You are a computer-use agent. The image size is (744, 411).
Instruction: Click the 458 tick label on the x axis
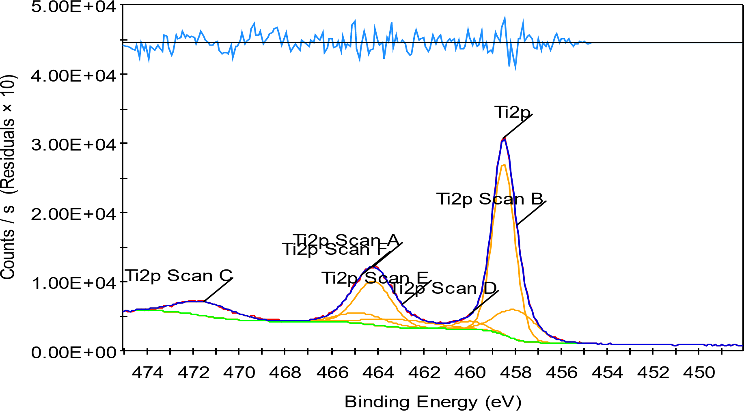[x=515, y=372]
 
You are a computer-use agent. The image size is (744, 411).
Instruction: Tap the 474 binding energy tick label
[x=147, y=372]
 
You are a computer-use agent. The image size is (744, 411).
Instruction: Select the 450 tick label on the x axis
[x=699, y=372]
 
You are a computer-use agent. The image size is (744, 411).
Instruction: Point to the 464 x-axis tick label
[x=378, y=372]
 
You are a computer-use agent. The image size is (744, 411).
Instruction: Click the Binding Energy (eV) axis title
[x=433, y=402]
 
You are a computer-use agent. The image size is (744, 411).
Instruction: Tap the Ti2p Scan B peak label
[x=490, y=199]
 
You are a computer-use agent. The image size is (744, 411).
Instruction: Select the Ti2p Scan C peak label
[x=179, y=275]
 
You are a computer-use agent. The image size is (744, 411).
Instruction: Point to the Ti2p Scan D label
[x=443, y=288]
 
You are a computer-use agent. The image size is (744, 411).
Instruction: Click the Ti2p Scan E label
[x=375, y=278]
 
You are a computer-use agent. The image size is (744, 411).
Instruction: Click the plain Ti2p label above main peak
[x=512, y=112]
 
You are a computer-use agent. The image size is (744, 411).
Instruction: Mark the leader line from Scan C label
[x=219, y=289]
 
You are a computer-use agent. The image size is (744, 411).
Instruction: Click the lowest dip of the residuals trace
[x=515, y=69]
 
